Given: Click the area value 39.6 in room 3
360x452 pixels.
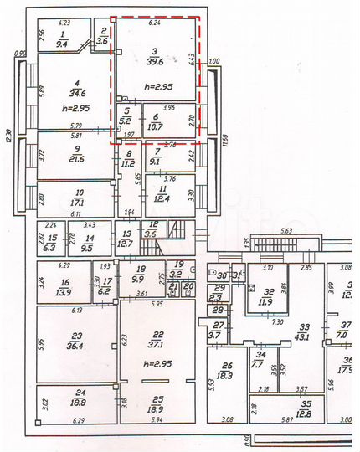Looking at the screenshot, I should [x=154, y=61].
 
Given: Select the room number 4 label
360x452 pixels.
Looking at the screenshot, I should [x=75, y=81].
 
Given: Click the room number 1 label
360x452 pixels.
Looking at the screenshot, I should [x=61, y=33].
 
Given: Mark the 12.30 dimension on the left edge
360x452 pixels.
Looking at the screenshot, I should [x=8, y=133].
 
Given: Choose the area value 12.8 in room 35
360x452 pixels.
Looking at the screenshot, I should [x=306, y=413].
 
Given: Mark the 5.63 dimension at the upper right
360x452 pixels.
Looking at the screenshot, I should [x=285, y=231].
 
